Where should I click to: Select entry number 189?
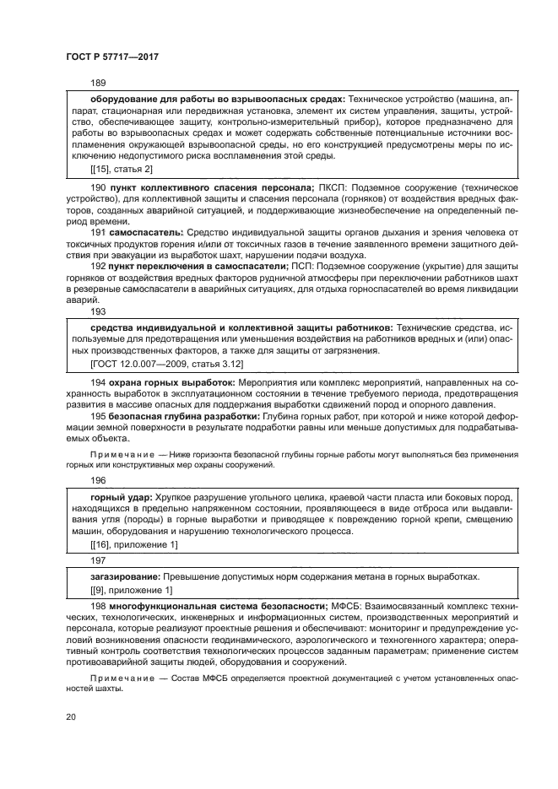click(98, 83)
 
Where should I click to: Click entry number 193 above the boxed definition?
click(98, 311)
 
